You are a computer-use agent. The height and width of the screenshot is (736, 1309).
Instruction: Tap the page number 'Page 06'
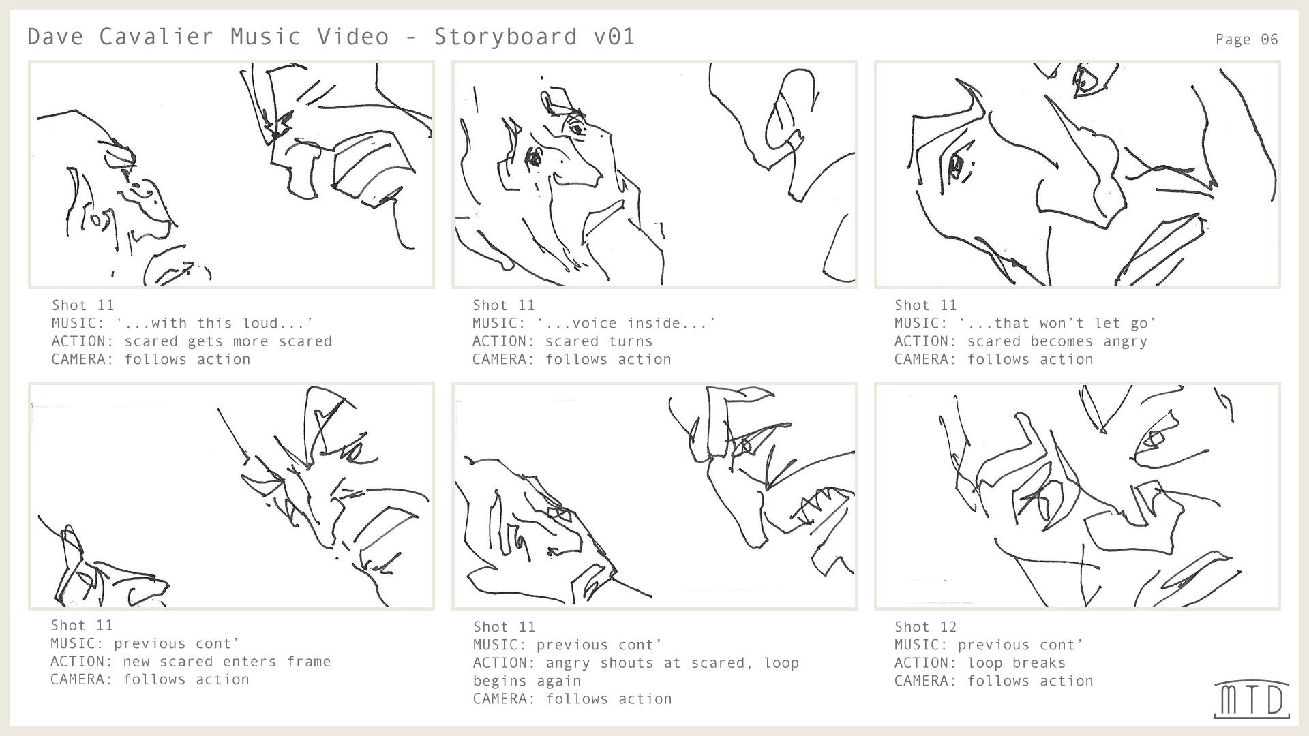tap(1246, 40)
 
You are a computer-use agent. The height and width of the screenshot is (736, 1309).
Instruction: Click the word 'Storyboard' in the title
tap(505, 36)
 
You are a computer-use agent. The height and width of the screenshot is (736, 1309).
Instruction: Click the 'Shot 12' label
tap(925, 627)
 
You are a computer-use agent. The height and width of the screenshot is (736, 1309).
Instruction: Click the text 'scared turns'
tap(599, 341)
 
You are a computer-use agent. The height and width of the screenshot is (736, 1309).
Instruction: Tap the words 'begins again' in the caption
tap(527, 681)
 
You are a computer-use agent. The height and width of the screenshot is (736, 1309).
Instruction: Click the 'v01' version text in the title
tap(614, 36)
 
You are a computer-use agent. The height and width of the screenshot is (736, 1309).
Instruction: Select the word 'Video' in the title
tap(352, 36)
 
